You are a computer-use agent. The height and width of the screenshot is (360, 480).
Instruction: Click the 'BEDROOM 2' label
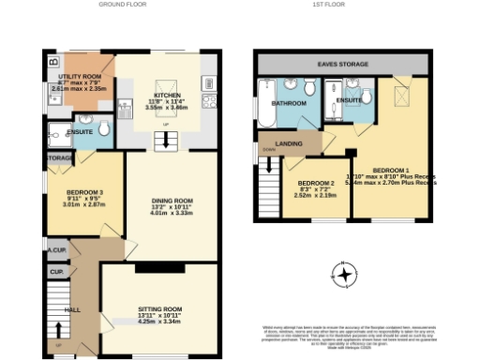[x=316, y=183]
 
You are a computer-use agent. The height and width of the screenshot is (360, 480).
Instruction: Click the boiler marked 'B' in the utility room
[x=52, y=64]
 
